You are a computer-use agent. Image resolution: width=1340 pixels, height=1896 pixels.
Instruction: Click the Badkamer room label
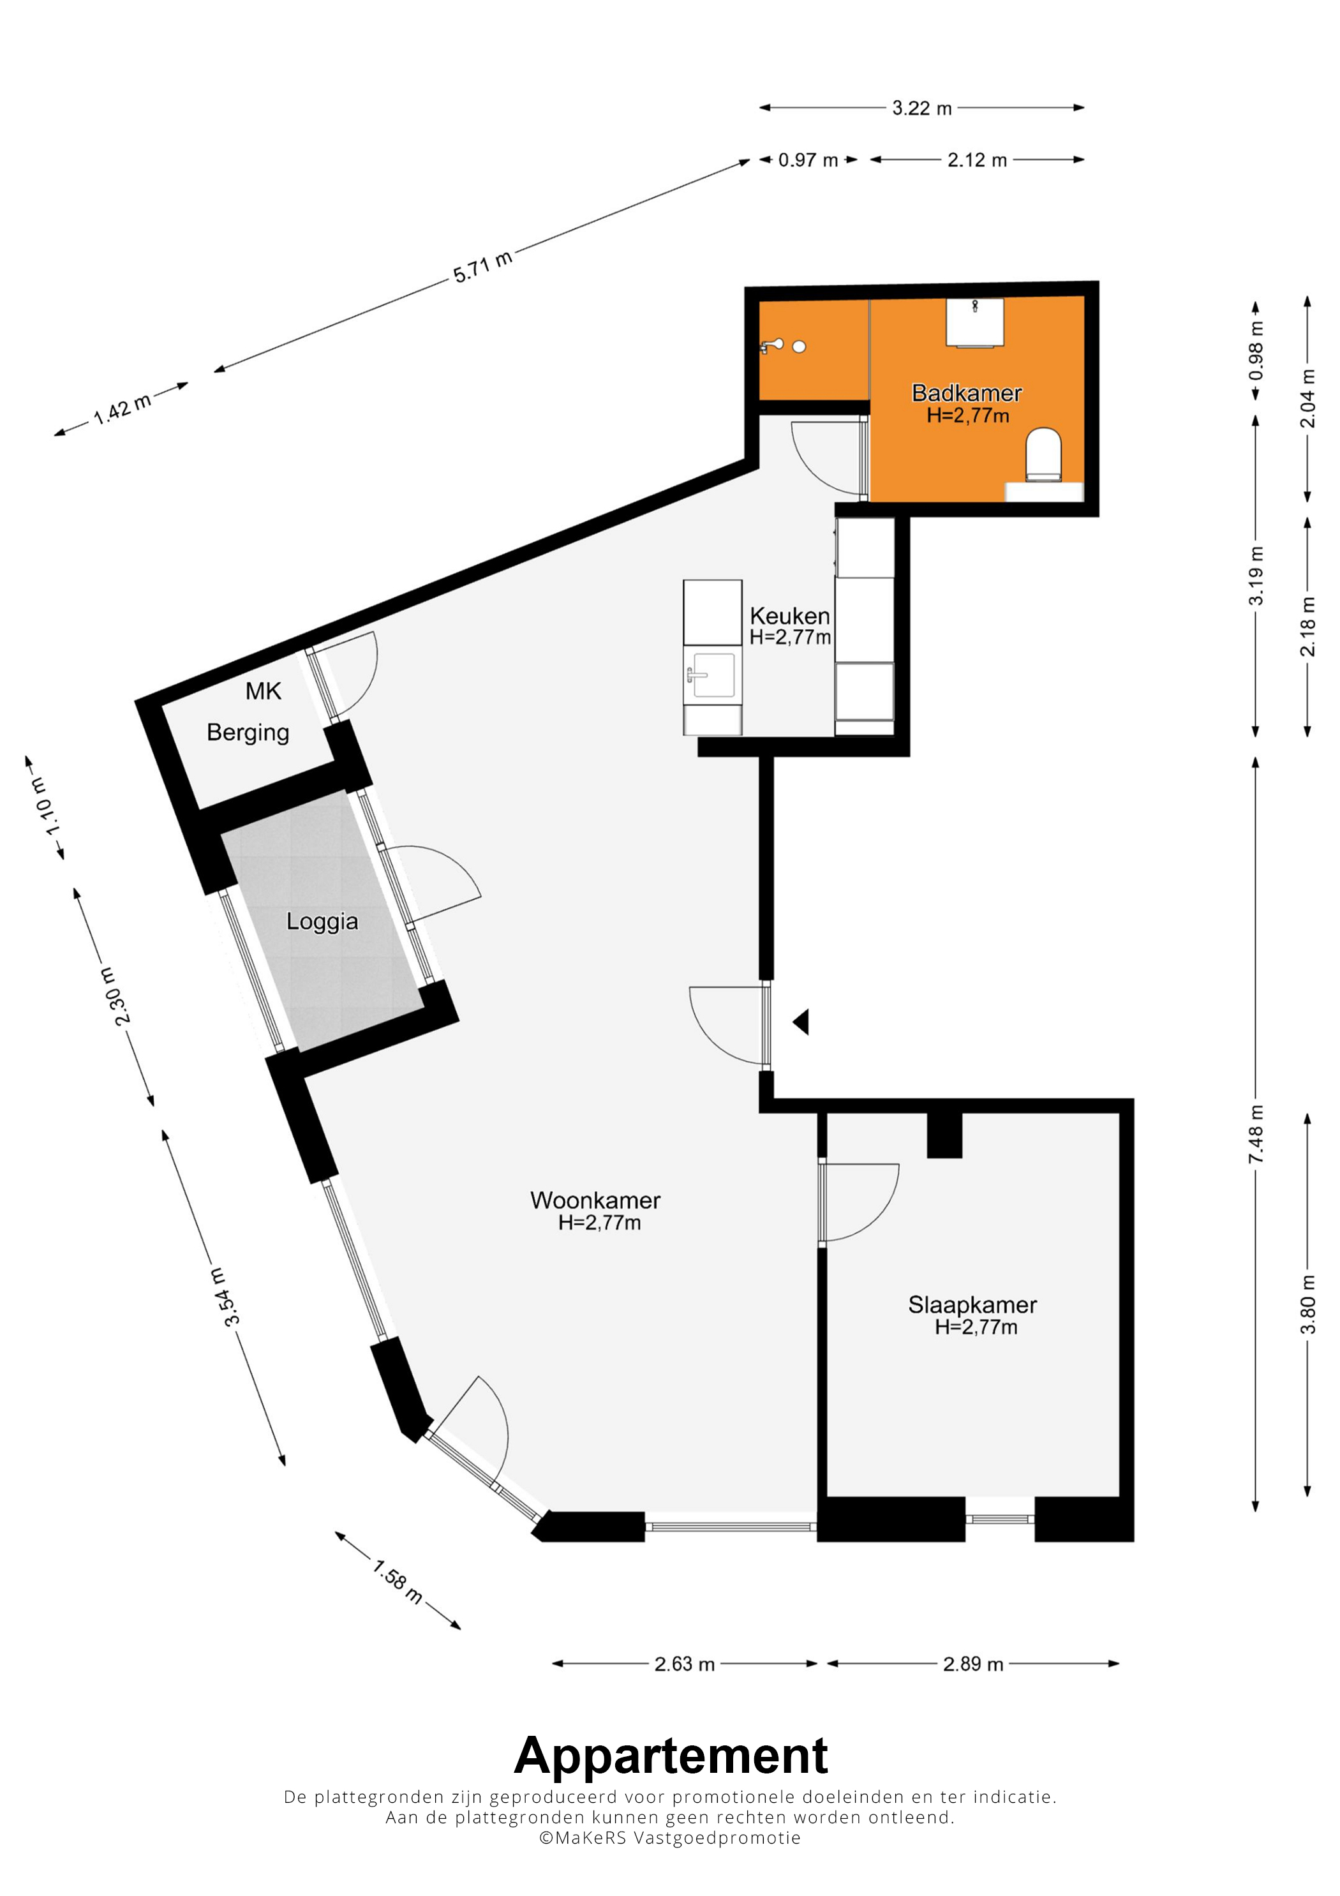[x=966, y=393]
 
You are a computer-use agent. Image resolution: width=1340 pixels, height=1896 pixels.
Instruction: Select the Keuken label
[x=789, y=616]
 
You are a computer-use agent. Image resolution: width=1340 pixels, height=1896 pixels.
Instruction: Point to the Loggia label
[x=322, y=922]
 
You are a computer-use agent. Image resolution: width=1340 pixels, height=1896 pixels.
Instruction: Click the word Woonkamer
[x=595, y=1200]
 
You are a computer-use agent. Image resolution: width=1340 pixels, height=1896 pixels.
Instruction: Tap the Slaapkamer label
[x=972, y=1305]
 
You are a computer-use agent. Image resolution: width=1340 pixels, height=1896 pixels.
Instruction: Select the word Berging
[x=248, y=733]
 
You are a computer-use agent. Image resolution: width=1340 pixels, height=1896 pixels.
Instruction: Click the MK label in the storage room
[x=264, y=691]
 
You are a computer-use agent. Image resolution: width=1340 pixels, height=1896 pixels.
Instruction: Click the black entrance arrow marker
[x=801, y=1022]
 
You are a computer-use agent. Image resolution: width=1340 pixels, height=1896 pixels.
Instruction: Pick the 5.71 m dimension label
[x=483, y=267]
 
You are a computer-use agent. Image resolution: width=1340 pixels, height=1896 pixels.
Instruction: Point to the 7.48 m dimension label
[x=1256, y=1134]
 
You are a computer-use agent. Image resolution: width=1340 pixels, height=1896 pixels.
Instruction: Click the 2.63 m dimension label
[x=685, y=1664]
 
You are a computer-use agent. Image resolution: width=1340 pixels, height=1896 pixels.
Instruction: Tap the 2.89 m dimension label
[x=974, y=1664]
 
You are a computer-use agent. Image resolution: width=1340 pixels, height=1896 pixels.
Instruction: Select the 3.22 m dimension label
[x=922, y=108]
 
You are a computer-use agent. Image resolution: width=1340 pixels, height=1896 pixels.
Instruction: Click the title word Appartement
[x=671, y=1756]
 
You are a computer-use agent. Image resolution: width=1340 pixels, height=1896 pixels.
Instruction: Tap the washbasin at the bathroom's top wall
[x=975, y=323]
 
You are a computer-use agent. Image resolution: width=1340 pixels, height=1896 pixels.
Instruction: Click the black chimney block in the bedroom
[x=944, y=1135]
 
